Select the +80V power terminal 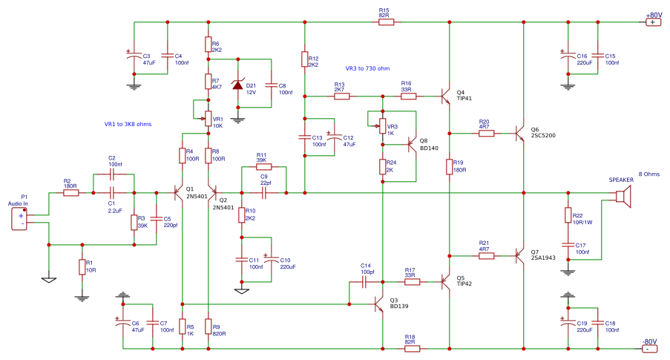click(652, 22)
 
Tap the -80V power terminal click(649, 348)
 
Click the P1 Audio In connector click(22, 219)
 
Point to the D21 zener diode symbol click(237, 85)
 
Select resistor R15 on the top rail click(386, 22)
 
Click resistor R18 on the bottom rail click(412, 348)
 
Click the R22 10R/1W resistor click(568, 215)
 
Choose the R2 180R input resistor click(70, 193)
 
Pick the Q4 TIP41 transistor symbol click(445, 96)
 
